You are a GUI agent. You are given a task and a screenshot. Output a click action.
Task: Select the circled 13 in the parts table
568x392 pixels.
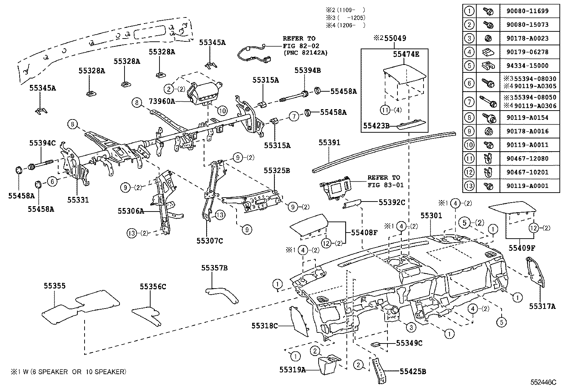[x=470, y=186]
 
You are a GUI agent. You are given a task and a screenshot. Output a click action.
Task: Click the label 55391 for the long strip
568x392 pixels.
[x=329, y=143]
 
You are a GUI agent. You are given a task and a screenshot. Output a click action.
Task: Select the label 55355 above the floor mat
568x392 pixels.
[x=55, y=286]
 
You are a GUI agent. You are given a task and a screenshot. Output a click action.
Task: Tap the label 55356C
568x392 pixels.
[x=153, y=286]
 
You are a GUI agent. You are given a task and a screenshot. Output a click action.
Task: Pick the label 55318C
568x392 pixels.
[x=264, y=326]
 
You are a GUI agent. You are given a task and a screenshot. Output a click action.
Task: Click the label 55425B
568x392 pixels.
[x=413, y=371]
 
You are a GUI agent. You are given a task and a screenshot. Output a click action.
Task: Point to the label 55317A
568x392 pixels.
[x=542, y=306]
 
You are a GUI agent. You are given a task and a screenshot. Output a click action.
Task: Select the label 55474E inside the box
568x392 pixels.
[x=406, y=54]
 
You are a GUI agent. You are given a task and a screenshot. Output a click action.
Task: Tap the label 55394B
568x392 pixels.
[x=307, y=71]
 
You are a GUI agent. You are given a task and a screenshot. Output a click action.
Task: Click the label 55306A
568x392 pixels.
[x=131, y=211]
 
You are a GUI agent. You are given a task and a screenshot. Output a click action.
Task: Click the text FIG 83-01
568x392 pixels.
[x=384, y=185]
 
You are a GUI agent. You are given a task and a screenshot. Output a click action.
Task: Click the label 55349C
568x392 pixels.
[x=409, y=343]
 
